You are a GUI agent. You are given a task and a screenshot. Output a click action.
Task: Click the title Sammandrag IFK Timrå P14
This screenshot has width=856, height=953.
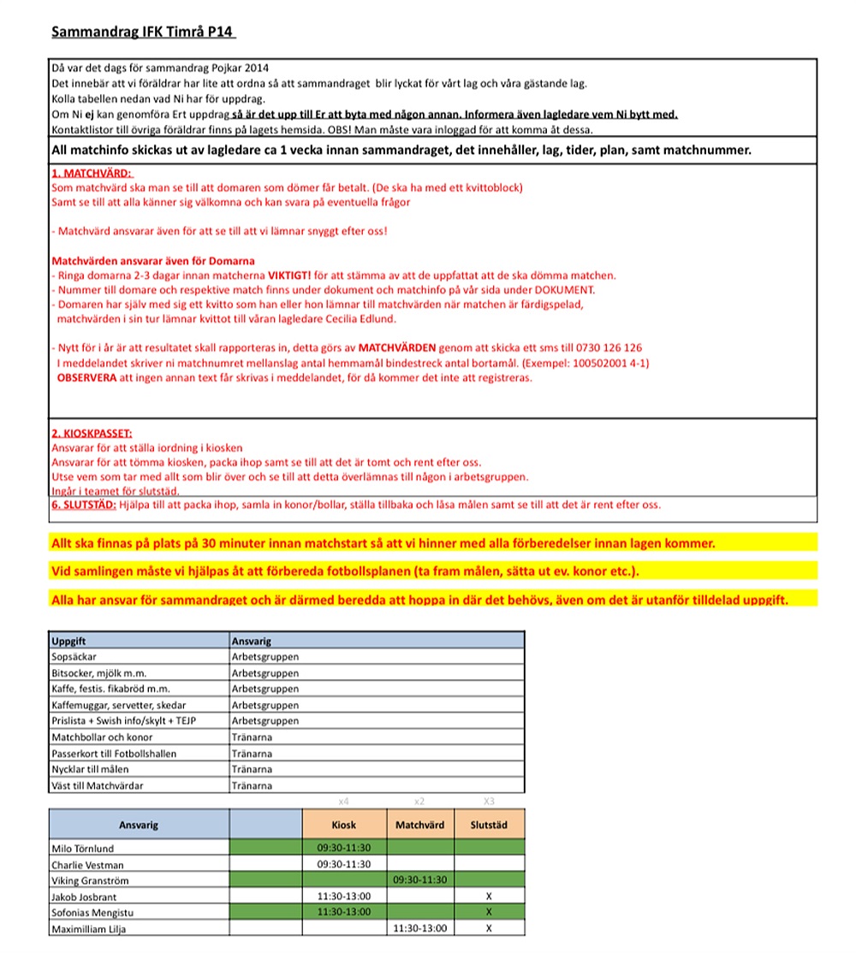click(143, 32)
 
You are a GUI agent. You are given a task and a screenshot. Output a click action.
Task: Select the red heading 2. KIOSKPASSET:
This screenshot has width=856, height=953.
click(92, 434)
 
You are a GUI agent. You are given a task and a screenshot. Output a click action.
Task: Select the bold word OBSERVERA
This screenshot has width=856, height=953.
click(86, 377)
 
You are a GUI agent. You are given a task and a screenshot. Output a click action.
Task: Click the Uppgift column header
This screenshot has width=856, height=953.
click(69, 640)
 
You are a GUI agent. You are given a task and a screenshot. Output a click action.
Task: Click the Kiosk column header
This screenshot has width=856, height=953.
click(343, 825)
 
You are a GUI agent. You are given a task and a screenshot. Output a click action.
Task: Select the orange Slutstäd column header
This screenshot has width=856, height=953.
click(489, 825)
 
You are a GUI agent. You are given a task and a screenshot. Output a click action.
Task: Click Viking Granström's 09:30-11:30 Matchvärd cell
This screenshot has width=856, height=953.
click(419, 880)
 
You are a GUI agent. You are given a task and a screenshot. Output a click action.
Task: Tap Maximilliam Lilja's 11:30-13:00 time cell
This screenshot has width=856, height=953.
click(419, 928)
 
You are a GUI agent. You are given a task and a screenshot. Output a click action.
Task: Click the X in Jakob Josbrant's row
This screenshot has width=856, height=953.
click(489, 897)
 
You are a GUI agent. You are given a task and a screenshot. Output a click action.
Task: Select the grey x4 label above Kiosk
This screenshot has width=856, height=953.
click(343, 802)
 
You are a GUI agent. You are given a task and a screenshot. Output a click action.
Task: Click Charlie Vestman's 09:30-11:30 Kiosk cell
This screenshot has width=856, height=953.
click(343, 864)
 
